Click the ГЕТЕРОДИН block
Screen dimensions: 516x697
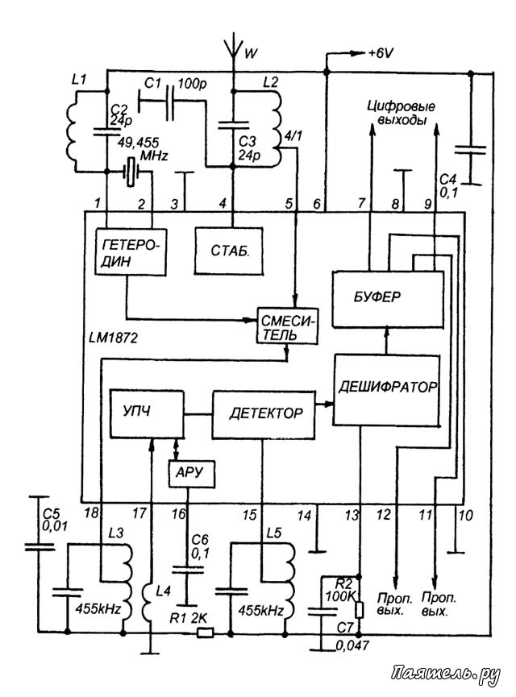(131, 252)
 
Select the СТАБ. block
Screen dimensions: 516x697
(229, 251)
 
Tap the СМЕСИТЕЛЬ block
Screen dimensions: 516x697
(288, 326)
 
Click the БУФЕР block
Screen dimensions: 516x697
(388, 300)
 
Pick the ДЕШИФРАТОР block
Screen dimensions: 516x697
(387, 390)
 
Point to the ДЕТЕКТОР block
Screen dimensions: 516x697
(264, 415)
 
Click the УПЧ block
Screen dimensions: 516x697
(147, 413)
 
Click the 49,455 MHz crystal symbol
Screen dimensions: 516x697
(131, 172)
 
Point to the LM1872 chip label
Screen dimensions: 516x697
(113, 338)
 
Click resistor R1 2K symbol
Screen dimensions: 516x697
(205, 632)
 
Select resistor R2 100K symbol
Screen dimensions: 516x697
(360, 610)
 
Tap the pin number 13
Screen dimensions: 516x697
(352, 515)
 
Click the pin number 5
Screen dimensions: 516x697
(289, 204)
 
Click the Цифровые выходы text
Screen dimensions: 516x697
(402, 114)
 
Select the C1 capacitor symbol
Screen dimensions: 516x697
(170, 102)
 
